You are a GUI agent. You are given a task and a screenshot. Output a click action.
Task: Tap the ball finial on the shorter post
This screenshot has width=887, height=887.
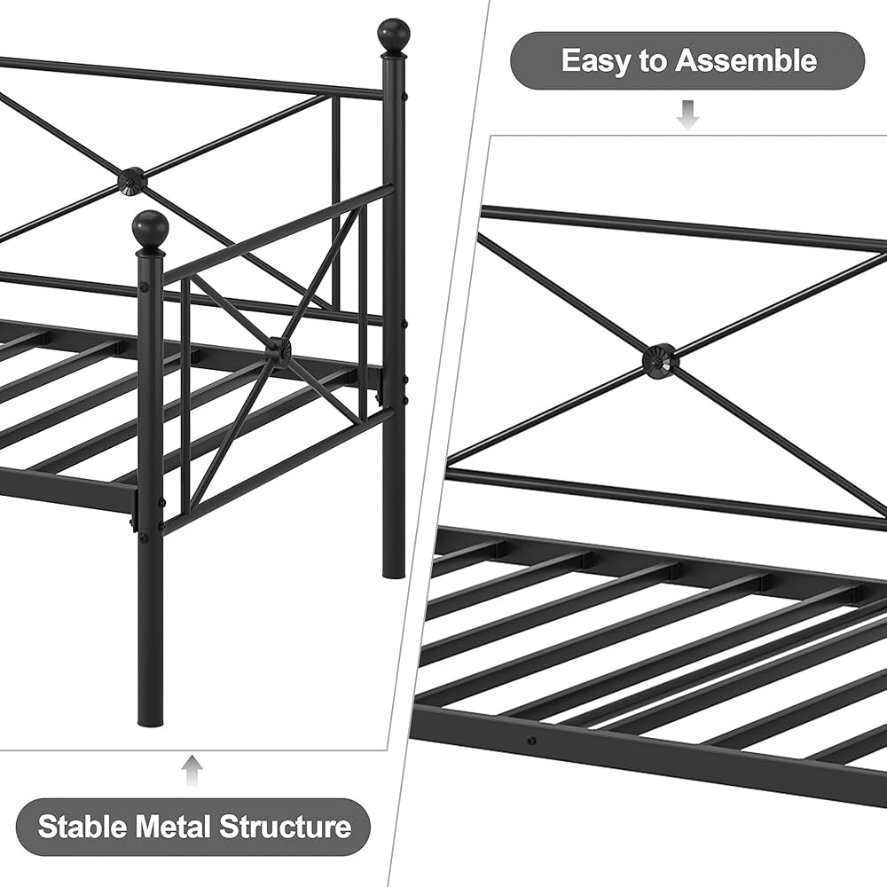click(150, 229)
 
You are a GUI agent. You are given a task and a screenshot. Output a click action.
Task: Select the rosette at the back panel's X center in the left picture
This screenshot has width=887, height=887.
click(132, 181)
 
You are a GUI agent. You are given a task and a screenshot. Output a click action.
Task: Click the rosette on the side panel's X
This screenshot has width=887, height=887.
click(278, 350)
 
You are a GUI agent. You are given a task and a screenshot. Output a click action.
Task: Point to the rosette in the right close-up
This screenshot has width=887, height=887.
click(660, 361)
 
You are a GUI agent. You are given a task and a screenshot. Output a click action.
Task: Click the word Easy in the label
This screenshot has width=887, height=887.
click(594, 60)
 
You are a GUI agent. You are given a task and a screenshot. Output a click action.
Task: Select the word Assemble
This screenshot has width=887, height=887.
click(745, 60)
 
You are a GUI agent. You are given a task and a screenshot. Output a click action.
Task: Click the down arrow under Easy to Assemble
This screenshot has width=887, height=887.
click(687, 114)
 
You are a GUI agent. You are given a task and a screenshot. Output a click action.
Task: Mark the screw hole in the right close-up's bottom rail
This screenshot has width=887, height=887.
click(530, 741)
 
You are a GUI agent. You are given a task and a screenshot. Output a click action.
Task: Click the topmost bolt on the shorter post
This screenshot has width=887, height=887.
click(143, 287)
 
